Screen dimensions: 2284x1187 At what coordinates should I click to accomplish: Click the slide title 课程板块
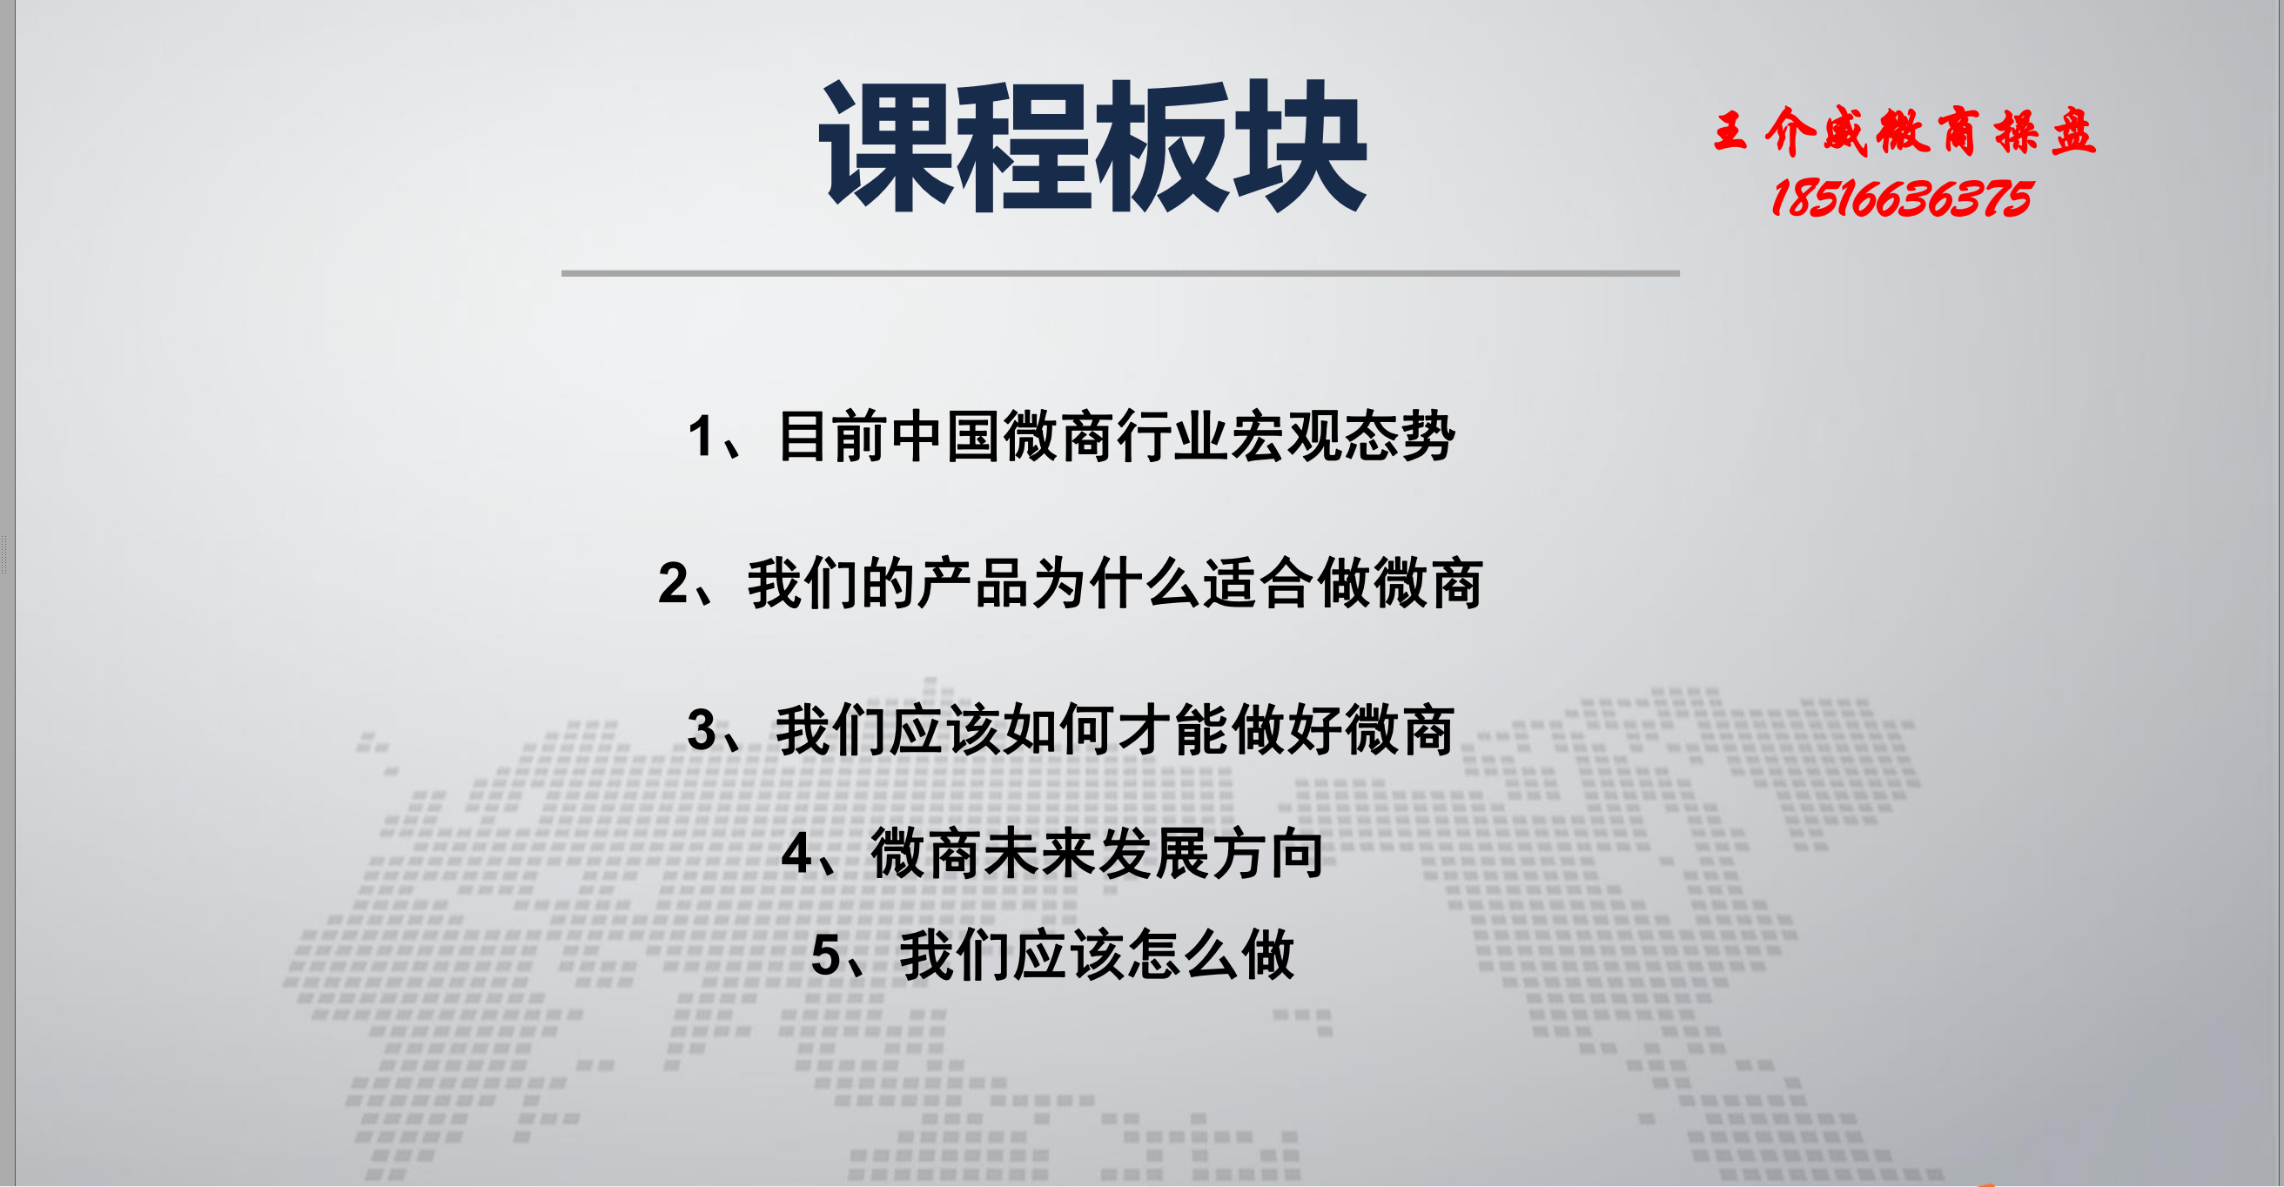coord(1092,146)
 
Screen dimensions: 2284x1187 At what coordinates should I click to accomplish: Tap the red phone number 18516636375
coord(1901,198)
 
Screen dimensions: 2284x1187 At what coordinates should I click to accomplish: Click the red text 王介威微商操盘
coord(1904,132)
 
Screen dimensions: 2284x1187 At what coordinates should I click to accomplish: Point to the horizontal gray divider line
coord(1121,273)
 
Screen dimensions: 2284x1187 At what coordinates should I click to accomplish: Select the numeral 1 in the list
coord(702,437)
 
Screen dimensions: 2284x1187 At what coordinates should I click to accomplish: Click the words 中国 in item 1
coord(946,436)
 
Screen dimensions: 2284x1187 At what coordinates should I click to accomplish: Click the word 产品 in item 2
coord(973,583)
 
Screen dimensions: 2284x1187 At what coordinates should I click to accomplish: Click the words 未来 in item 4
coord(1041,853)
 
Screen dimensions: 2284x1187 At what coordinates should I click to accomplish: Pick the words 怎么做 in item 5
coord(1211,955)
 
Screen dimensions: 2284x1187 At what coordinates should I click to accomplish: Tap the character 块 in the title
coord(1299,146)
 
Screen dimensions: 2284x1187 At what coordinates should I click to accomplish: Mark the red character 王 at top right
coord(1730,131)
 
